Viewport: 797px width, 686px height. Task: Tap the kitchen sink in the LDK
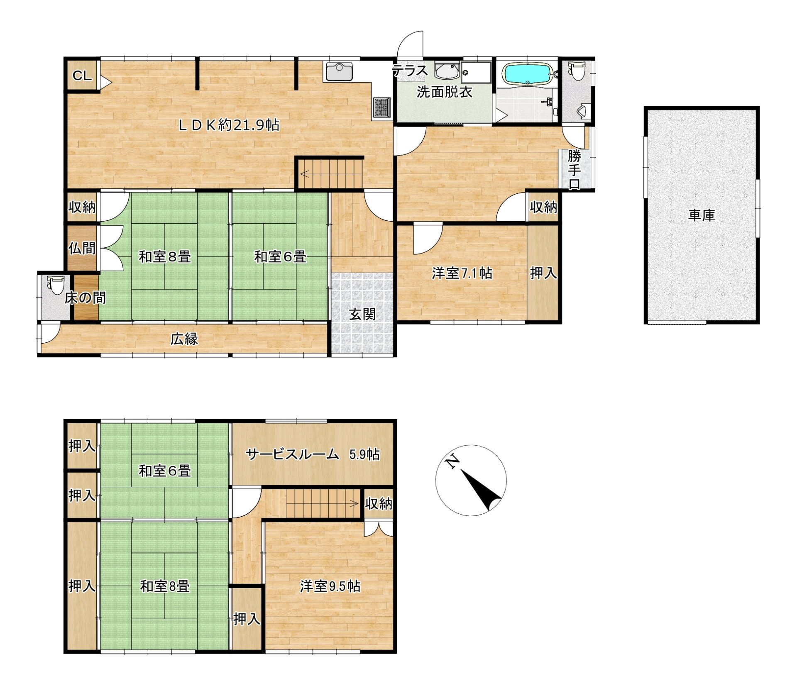339,72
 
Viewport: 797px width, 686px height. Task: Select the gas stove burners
382,107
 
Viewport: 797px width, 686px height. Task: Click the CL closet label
82,76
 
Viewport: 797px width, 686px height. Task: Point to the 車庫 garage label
702,215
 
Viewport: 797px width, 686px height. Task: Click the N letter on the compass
452,461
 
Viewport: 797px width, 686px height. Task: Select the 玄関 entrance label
362,314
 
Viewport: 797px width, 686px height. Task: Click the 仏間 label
82,248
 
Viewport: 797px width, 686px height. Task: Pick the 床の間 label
85,298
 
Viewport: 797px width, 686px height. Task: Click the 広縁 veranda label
184,339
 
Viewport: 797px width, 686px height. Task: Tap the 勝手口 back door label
575,170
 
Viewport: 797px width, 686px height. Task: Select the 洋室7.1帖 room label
462,273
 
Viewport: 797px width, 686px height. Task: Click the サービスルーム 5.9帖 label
313,454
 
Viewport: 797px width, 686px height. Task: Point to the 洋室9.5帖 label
330,586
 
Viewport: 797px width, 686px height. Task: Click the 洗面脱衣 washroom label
445,92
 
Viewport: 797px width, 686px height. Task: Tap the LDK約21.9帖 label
229,125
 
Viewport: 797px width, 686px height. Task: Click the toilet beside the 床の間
55,284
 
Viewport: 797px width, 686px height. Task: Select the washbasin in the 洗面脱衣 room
447,71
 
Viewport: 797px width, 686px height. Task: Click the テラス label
410,71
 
